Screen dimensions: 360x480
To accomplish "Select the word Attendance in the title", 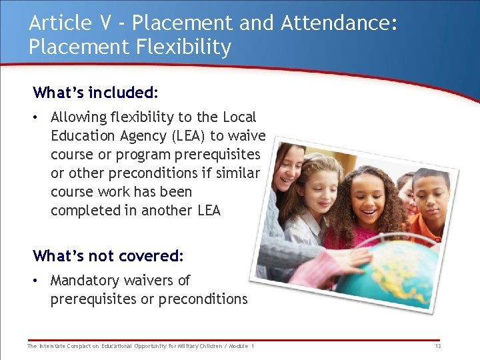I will tap(338, 23).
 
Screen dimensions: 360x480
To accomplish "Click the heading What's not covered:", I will tap(108, 256).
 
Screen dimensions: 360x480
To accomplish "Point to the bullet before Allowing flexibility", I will tap(37, 117).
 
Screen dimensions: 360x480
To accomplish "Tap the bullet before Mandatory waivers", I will tap(37, 281).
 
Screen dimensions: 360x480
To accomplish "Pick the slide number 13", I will tap(437, 346).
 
